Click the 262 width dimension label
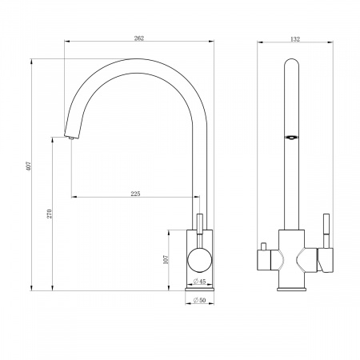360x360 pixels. pyautogui.click(x=139, y=38)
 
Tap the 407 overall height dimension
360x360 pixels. pyautogui.click(x=29, y=166)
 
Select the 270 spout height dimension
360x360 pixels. pyautogui.click(x=50, y=214)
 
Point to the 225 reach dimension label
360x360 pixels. pyautogui.click(x=135, y=194)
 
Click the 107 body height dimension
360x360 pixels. pyautogui.click(x=166, y=259)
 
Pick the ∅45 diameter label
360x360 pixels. pyautogui.click(x=199, y=282)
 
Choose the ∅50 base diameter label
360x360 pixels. pyautogui.click(x=199, y=300)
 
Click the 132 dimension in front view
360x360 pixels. pyautogui.click(x=295, y=39)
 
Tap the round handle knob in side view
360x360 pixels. pyautogui.click(x=200, y=260)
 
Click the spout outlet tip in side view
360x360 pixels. pyautogui.click(x=70, y=138)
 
